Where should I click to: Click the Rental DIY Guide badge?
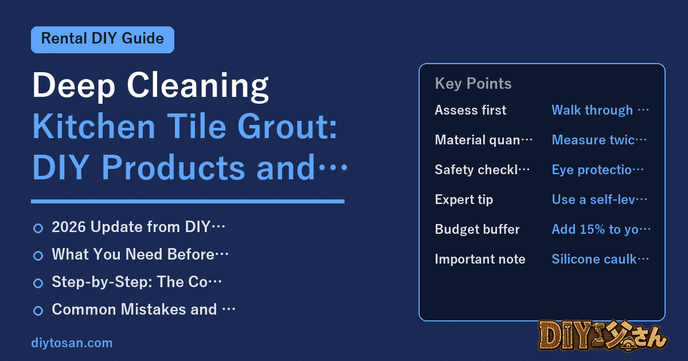click(103, 40)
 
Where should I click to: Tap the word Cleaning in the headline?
click(198, 87)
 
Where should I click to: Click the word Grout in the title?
click(287, 127)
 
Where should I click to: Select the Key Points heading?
click(473, 84)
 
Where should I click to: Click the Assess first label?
click(471, 110)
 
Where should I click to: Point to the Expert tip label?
click(464, 200)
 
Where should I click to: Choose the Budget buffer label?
click(477, 229)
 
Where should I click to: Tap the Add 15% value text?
click(601, 229)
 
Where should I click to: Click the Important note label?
click(480, 259)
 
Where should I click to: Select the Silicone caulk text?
click(600, 259)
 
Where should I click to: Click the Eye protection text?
click(597, 170)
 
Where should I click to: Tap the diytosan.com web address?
click(72, 343)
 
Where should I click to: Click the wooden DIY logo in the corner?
click(603, 336)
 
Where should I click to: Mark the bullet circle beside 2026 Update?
click(38, 228)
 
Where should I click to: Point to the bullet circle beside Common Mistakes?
click(38, 311)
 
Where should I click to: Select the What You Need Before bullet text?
click(140, 254)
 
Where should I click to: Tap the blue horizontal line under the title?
click(187, 201)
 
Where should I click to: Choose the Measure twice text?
click(599, 140)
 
